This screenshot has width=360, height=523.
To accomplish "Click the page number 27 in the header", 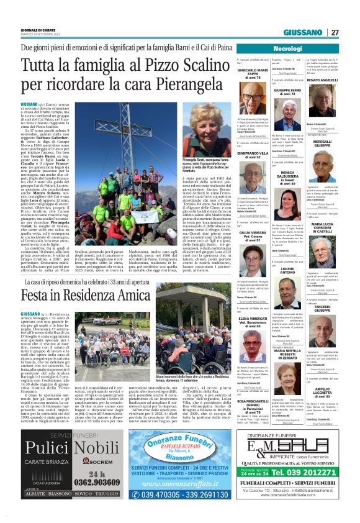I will coord(335,32).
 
